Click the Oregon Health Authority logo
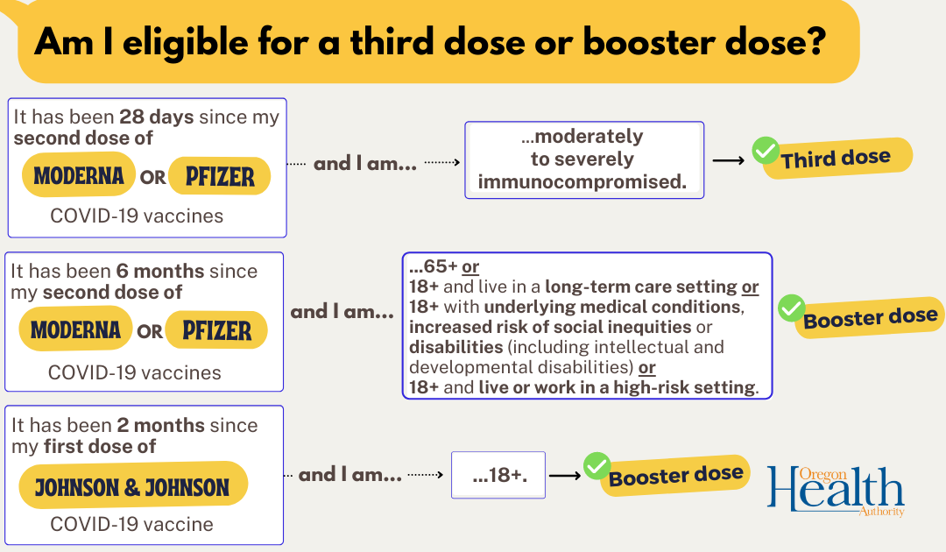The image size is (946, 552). (836, 490)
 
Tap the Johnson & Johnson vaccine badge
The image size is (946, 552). (133, 485)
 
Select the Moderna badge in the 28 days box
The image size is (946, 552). (79, 175)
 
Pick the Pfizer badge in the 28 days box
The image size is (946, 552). (220, 176)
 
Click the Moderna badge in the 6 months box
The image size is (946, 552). (75, 329)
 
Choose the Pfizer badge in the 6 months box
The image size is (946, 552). (216, 330)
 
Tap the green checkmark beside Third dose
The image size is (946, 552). (765, 151)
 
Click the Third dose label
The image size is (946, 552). (837, 158)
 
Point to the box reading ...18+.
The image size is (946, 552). (498, 475)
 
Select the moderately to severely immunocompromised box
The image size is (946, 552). (584, 159)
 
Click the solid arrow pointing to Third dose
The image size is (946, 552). (728, 160)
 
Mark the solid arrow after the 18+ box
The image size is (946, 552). (565, 476)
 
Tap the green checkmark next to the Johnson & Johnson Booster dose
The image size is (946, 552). (597, 466)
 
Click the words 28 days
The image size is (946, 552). (156, 117)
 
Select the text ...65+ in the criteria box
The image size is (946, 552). (433, 266)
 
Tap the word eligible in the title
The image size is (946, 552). (186, 42)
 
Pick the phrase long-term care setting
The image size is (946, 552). (641, 287)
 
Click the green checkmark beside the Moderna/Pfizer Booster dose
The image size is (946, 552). (791, 308)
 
